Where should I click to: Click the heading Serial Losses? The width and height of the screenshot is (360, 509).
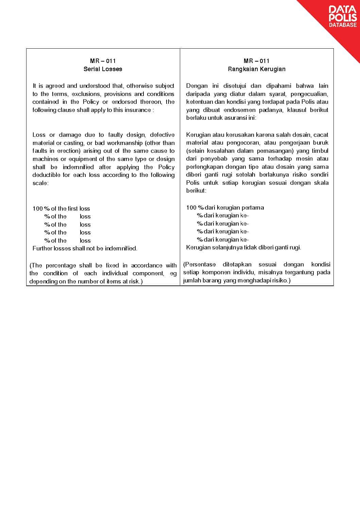(x=103, y=69)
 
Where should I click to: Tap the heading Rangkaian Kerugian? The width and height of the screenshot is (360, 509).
(x=257, y=69)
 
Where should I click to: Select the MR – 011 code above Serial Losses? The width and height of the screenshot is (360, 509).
(x=103, y=61)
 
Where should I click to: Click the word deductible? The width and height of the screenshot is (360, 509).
(x=46, y=175)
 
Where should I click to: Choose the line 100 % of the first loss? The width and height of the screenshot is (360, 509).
(x=61, y=209)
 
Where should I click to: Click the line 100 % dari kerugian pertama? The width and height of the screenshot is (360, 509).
(x=225, y=208)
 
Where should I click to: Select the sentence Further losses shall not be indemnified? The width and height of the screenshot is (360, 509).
(x=85, y=248)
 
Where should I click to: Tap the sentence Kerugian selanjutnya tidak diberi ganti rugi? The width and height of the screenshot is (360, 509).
(x=243, y=247)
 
